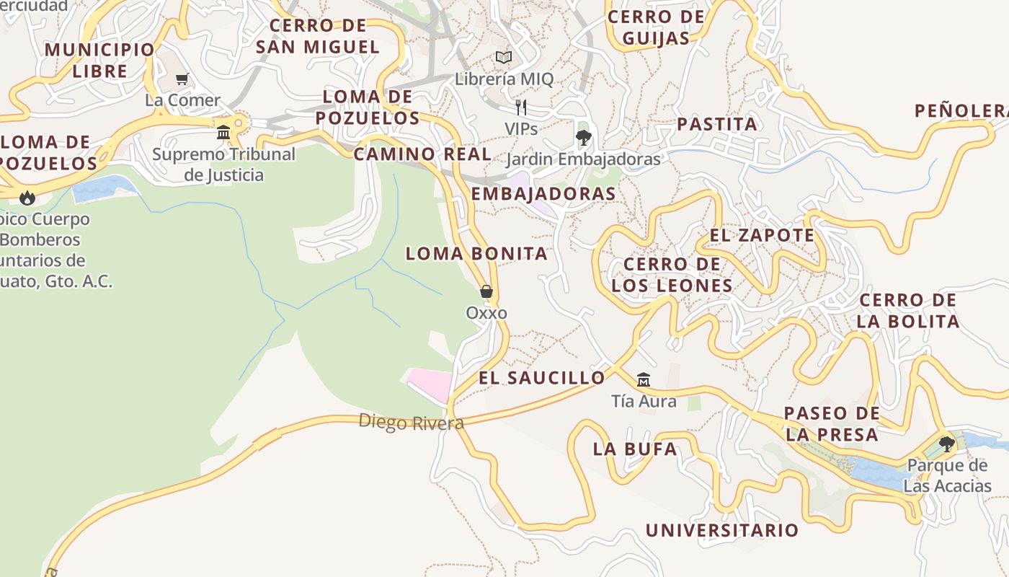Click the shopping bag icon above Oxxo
pyautogui.click(x=486, y=291)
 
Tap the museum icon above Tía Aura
pyautogui.click(x=643, y=379)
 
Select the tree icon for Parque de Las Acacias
pyautogui.click(x=946, y=444)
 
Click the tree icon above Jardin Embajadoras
pyautogui.click(x=583, y=137)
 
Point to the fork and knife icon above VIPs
pyautogui.click(x=521, y=107)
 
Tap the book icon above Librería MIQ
pyautogui.click(x=504, y=57)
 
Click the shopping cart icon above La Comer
pyautogui.click(x=182, y=79)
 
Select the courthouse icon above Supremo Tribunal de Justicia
pyautogui.click(x=223, y=133)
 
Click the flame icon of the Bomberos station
pyautogui.click(x=27, y=197)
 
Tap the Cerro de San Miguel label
pyautogui.click(x=317, y=36)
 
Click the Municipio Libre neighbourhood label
pyautogui.click(x=99, y=61)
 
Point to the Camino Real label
pyautogui.click(x=422, y=154)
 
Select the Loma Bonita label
pyautogui.click(x=476, y=253)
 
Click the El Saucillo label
pyautogui.click(x=542, y=377)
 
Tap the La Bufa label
pyautogui.click(x=635, y=449)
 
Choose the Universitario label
pyautogui.click(x=721, y=530)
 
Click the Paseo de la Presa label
pyautogui.click(x=832, y=423)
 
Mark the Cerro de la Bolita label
pyautogui.click(x=908, y=310)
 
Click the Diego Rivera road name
pyautogui.click(x=411, y=422)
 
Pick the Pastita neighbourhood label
pyautogui.click(x=717, y=124)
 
